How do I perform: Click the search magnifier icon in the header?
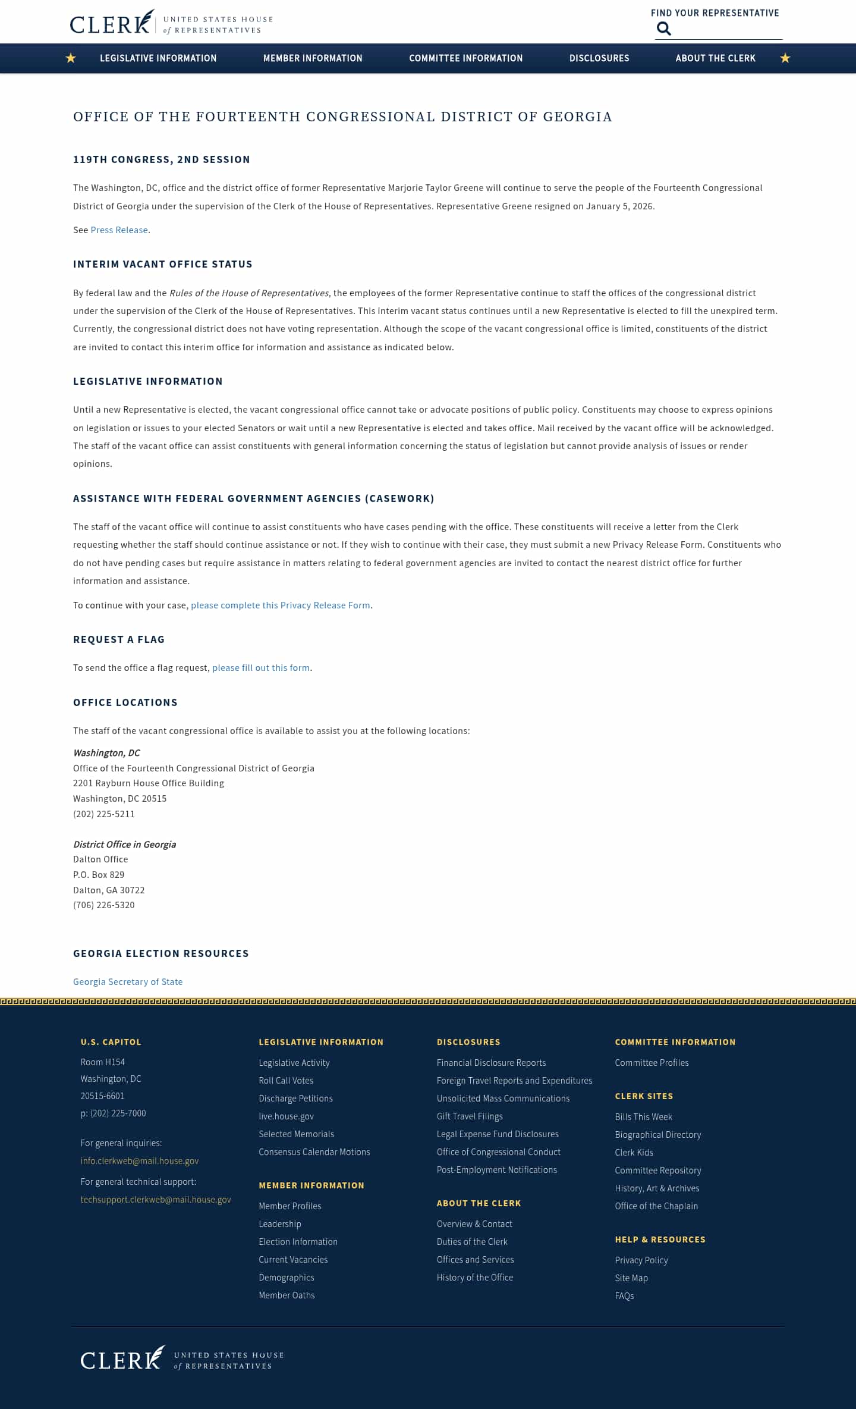click(663, 29)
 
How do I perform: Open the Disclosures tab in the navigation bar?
click(599, 58)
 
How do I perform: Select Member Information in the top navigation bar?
click(313, 58)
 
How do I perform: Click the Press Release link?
click(119, 230)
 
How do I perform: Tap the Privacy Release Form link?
click(281, 605)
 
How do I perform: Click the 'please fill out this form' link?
click(261, 668)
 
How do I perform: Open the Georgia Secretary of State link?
click(128, 982)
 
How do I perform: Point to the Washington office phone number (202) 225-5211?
click(104, 814)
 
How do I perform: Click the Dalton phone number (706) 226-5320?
click(104, 905)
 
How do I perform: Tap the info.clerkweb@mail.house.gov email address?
click(140, 1161)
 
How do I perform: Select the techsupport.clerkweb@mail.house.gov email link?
click(156, 1200)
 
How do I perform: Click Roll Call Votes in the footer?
click(286, 1081)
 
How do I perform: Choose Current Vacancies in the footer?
click(293, 1260)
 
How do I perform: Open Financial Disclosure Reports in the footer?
click(491, 1063)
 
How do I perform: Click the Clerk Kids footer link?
click(634, 1153)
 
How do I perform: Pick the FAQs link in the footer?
click(624, 1296)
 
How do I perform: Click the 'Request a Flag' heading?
click(119, 640)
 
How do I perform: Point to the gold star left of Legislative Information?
click(71, 58)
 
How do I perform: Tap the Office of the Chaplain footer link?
click(656, 1206)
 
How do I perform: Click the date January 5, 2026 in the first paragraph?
click(619, 206)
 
